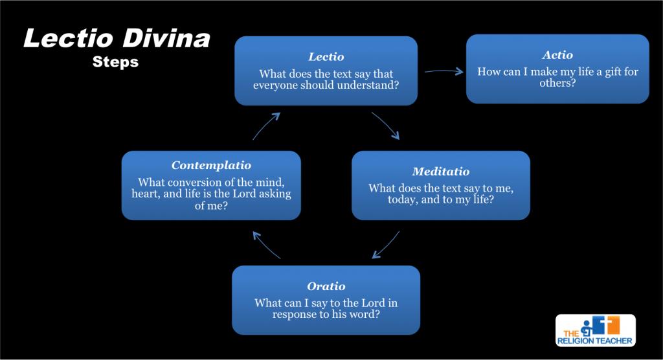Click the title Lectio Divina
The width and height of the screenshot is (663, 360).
pyautogui.click(x=117, y=39)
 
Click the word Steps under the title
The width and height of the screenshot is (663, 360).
pyautogui.click(x=115, y=62)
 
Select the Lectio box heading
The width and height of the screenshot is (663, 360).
pyautogui.click(x=326, y=57)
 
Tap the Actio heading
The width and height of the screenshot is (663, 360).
pyautogui.click(x=557, y=55)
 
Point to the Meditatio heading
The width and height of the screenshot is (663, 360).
pyautogui.click(x=441, y=172)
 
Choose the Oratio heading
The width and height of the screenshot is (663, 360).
pyautogui.click(x=326, y=286)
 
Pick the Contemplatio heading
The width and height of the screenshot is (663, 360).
pyautogui.click(x=211, y=166)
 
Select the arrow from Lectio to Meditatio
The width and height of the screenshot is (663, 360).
pyautogui.click(x=386, y=126)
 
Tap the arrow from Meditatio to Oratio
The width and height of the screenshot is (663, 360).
pyautogui.click(x=386, y=245)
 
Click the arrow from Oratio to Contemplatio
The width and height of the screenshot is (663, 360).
pyautogui.click(x=266, y=245)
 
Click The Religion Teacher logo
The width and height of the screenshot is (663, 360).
pyautogui.click(x=595, y=330)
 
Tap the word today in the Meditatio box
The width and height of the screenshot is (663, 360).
pyautogui.click(x=385, y=200)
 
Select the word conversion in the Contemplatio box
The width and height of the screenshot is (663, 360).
pyautogui.click(x=195, y=183)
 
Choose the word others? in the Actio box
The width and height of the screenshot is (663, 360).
pyautogui.click(x=557, y=84)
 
